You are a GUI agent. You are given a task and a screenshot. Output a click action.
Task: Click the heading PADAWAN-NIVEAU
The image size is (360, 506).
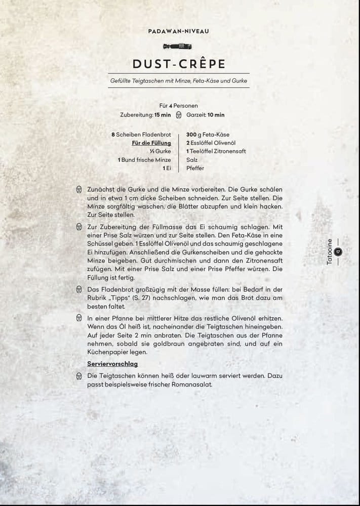179,31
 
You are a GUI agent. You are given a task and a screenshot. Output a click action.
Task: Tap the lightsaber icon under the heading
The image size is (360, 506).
179,47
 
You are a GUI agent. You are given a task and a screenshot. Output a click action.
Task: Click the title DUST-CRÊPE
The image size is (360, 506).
179,64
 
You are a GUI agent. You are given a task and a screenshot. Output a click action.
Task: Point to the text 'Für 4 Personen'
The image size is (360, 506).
178,106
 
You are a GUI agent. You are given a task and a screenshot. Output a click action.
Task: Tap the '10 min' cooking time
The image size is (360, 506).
216,115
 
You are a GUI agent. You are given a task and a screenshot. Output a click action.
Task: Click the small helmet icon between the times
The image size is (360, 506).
178,115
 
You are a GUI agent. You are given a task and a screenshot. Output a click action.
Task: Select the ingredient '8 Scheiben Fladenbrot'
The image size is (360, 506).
141,135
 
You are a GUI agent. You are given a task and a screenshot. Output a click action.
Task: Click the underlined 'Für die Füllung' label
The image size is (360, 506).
151,143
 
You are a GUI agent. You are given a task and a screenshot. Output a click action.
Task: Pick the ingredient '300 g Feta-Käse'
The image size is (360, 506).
208,135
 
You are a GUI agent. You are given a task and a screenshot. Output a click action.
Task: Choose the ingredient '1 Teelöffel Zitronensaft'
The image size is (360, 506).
217,151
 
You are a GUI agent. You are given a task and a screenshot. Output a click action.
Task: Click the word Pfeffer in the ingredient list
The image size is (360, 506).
195,168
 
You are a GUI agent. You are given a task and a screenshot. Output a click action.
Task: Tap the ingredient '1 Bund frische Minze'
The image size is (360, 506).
144,160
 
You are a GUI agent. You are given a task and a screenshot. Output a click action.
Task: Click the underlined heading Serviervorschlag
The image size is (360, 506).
112,364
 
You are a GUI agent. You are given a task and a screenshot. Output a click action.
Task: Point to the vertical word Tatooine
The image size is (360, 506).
330,253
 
